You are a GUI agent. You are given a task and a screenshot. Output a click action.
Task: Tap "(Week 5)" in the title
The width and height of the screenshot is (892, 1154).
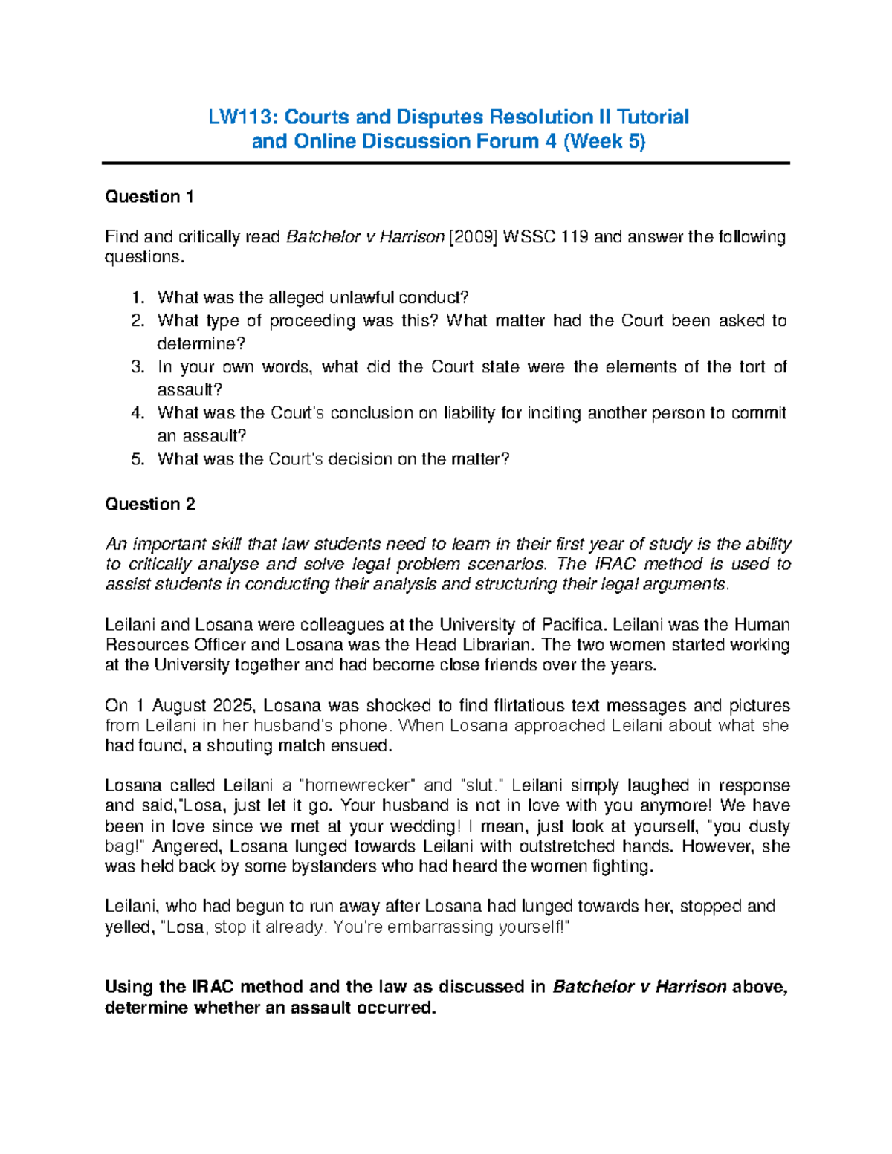604,141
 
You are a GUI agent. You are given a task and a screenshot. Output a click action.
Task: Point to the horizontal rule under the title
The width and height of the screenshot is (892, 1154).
446,163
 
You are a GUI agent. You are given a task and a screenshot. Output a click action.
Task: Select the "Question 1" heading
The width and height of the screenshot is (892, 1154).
149,197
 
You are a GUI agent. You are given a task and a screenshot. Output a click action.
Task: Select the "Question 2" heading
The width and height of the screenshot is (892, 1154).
150,505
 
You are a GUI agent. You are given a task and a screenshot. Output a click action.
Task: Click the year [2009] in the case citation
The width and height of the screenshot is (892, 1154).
474,237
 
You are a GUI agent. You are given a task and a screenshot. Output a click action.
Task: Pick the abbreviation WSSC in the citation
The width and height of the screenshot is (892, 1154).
529,237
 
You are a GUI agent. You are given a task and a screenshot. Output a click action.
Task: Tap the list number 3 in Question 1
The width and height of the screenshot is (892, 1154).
137,367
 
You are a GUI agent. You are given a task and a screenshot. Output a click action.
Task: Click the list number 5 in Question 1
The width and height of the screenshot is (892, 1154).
137,459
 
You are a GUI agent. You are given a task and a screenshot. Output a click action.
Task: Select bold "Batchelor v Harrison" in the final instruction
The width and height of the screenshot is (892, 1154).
639,988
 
